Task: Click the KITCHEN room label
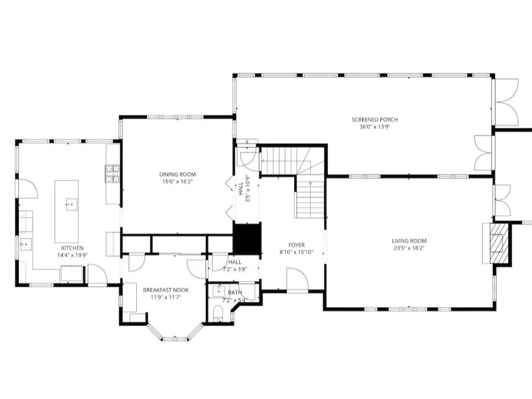pos(72,248)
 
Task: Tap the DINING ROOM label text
pos(177,175)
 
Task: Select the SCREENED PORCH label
pos(375,119)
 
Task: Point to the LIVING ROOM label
pos(409,241)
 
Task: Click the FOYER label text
pos(297,245)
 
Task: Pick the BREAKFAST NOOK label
pos(166,290)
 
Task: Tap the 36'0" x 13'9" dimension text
pos(375,127)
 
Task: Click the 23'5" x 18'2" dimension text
pos(409,248)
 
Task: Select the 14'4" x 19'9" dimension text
pos(72,255)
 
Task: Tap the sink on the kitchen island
pos(71,204)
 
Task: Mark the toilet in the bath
pos(218,313)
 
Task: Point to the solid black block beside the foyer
pos(247,239)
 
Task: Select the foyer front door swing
pos(298,279)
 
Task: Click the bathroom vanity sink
pos(218,291)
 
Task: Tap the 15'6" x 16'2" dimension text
pos(177,182)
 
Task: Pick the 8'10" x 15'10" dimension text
pos(297,252)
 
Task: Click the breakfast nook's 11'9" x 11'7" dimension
pos(166,297)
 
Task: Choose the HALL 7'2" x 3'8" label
pos(235,266)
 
